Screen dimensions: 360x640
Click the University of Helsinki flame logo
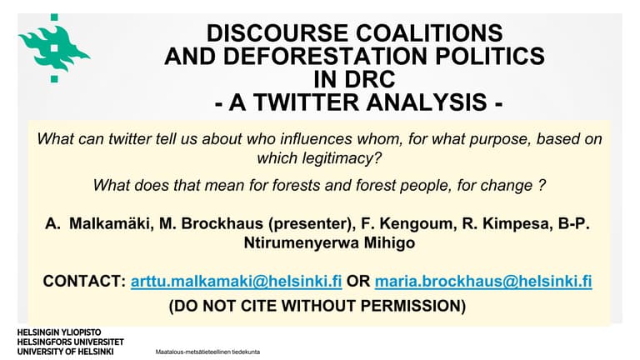[x=52, y=46]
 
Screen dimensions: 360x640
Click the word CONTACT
[x=83, y=282]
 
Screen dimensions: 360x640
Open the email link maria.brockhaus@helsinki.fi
[x=483, y=282]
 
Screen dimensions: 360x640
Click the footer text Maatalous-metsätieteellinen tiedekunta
[x=207, y=352]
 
